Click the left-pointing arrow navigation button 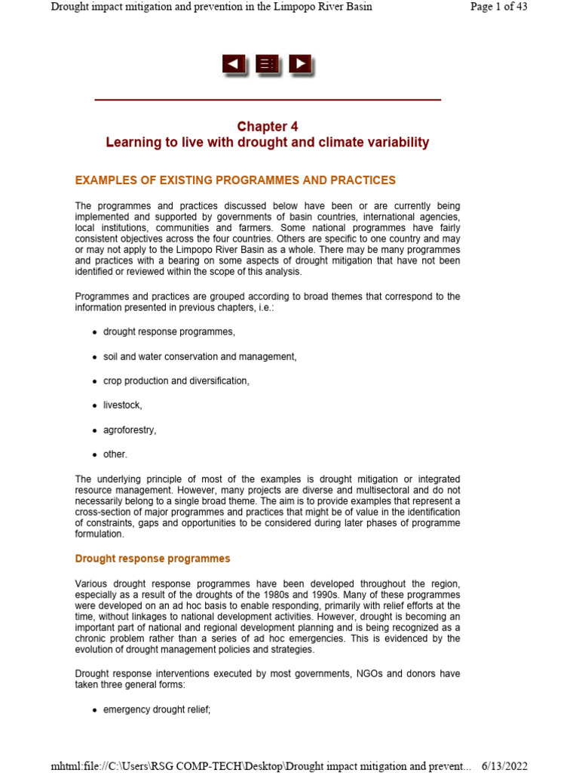(234, 65)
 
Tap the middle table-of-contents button (267, 65)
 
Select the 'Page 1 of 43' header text (498, 7)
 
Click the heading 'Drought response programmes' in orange (152, 559)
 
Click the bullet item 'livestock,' (122, 405)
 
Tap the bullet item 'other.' (115, 454)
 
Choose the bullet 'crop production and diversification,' (176, 381)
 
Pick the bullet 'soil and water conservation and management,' (200, 356)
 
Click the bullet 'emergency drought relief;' (156, 710)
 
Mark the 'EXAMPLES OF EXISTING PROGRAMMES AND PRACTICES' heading (235, 180)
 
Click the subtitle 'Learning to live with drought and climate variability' (267, 143)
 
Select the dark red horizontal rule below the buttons (267, 100)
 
